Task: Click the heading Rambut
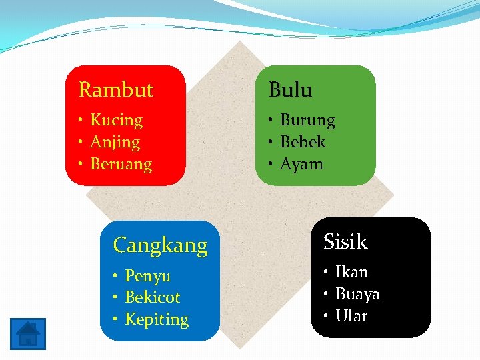click(x=116, y=89)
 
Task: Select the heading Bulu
click(x=290, y=89)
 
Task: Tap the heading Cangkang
click(x=160, y=245)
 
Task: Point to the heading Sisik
click(x=345, y=241)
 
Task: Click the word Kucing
click(x=116, y=120)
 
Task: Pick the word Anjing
click(x=115, y=142)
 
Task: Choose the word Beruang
click(x=121, y=164)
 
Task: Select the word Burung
click(x=307, y=120)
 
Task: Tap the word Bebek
click(x=303, y=142)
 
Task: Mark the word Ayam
click(x=301, y=164)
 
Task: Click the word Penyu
click(x=147, y=276)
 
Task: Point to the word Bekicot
click(x=152, y=297)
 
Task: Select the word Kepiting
click(x=157, y=319)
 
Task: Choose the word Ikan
click(x=351, y=272)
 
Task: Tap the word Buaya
click(x=357, y=294)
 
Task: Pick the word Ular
click(x=351, y=316)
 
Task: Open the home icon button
click(x=28, y=333)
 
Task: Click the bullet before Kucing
click(x=79, y=121)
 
